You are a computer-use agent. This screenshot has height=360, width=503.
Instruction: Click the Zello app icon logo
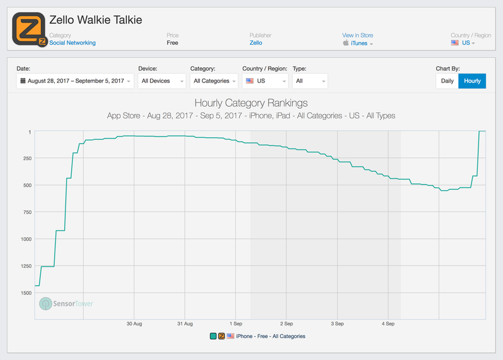point(29,29)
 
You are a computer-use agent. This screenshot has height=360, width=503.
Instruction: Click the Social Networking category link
point(72,43)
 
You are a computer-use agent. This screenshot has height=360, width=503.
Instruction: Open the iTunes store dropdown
point(358,43)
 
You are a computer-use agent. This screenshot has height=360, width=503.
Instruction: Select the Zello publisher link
point(255,43)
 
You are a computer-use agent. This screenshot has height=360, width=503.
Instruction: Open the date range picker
point(75,81)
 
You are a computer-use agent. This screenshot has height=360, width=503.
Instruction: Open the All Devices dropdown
point(162,81)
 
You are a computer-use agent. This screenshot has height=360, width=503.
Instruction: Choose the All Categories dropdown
point(214,81)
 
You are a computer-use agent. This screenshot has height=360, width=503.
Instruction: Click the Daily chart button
point(447,81)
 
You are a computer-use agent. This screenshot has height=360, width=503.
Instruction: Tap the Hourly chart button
point(472,81)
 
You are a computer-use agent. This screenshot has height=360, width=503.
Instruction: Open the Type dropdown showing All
point(310,81)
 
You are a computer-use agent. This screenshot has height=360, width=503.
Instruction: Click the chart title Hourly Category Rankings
point(251,103)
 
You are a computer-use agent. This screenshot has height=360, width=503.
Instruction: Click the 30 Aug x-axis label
point(134,323)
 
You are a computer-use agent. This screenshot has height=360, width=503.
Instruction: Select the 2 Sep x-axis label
point(286,323)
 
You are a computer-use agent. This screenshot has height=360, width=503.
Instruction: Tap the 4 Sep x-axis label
point(388,323)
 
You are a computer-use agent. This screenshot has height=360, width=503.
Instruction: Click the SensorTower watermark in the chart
point(66,304)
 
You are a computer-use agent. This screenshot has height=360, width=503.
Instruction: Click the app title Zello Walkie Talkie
point(96,20)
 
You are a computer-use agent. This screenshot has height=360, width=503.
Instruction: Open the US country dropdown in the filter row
point(265,81)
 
